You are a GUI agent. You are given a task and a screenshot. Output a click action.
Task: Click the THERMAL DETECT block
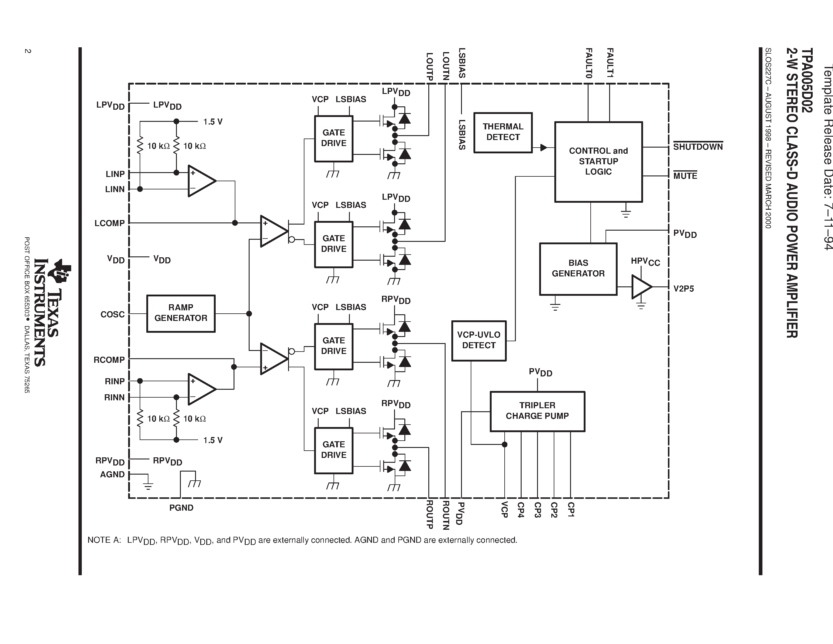pos(503,132)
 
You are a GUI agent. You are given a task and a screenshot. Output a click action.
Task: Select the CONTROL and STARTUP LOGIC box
pos(598,162)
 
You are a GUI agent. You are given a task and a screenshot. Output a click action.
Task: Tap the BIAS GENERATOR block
pos(578,269)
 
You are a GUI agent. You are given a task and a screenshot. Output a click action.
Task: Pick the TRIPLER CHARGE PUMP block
pos(537,411)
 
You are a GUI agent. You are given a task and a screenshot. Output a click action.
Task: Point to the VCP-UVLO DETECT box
pos(479,340)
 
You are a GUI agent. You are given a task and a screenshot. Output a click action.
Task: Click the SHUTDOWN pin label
pos(698,147)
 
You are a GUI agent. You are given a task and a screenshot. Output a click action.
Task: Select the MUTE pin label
pos(685,176)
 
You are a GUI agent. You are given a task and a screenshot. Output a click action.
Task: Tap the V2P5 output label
pos(683,289)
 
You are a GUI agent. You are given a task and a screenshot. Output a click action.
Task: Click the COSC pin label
pos(112,314)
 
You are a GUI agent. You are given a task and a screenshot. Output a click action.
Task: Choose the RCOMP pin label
pos(109,360)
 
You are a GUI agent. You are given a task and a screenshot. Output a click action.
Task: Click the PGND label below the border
pos(181,508)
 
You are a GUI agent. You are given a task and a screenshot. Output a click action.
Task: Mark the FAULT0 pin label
pos(589,63)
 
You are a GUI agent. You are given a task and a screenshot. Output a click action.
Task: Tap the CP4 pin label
pos(521,510)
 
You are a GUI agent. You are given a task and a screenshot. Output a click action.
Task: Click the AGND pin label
pos(112,474)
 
